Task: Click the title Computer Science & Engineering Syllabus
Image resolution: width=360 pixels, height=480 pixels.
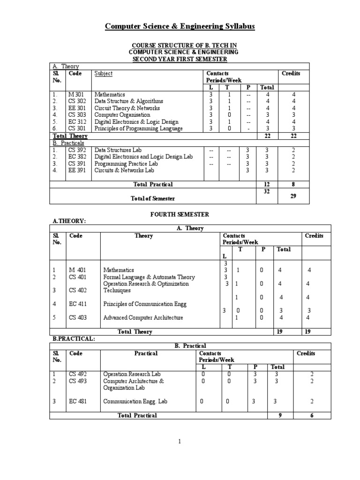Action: (180, 27)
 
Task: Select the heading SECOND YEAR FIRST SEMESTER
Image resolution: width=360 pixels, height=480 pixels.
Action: (180, 59)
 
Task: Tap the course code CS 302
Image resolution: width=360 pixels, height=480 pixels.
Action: (76, 101)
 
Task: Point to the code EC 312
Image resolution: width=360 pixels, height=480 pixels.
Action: (76, 122)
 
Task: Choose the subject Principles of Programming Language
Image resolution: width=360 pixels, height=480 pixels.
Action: (138, 128)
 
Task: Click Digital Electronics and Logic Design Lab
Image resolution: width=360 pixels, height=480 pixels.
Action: (143, 157)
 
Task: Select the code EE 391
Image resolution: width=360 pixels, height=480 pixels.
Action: (76, 171)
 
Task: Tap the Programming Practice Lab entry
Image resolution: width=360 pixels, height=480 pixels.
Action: (126, 164)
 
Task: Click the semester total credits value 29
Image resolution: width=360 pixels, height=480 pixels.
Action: (293, 196)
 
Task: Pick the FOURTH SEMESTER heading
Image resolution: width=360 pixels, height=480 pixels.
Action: (180, 214)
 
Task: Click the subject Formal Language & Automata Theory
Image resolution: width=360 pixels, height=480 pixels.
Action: (149, 277)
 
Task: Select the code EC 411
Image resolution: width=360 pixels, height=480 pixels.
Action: (78, 304)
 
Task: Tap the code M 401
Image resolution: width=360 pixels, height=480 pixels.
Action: (77, 270)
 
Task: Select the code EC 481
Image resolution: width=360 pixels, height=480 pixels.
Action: (78, 401)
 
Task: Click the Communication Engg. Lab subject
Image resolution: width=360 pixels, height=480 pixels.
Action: (135, 401)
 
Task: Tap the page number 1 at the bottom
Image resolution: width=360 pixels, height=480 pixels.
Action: (180, 441)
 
